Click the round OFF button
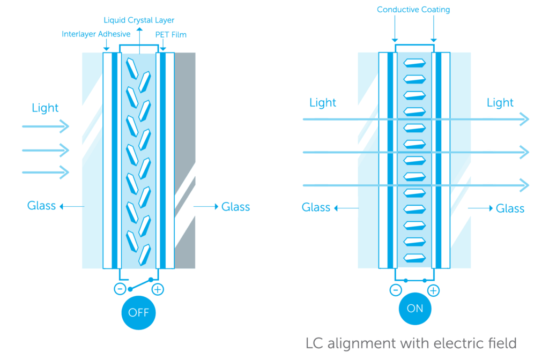click(138, 312)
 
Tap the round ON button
click(415, 308)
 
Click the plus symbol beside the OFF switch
click(158, 290)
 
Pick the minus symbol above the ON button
click(396, 290)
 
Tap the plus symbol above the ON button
click(433, 291)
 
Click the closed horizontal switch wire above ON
click(414, 280)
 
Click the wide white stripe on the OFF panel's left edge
click(107, 161)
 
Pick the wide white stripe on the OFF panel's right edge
click(170, 161)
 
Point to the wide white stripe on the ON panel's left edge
click(383, 161)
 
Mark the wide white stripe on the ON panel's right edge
click(446, 161)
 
